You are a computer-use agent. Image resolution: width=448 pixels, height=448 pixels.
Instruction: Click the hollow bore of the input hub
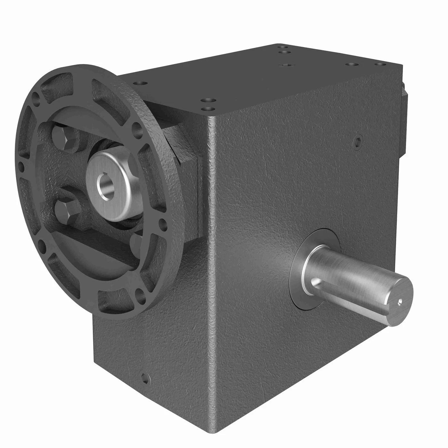[105, 186]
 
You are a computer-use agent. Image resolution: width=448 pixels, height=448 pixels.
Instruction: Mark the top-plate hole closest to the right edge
[379, 64]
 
